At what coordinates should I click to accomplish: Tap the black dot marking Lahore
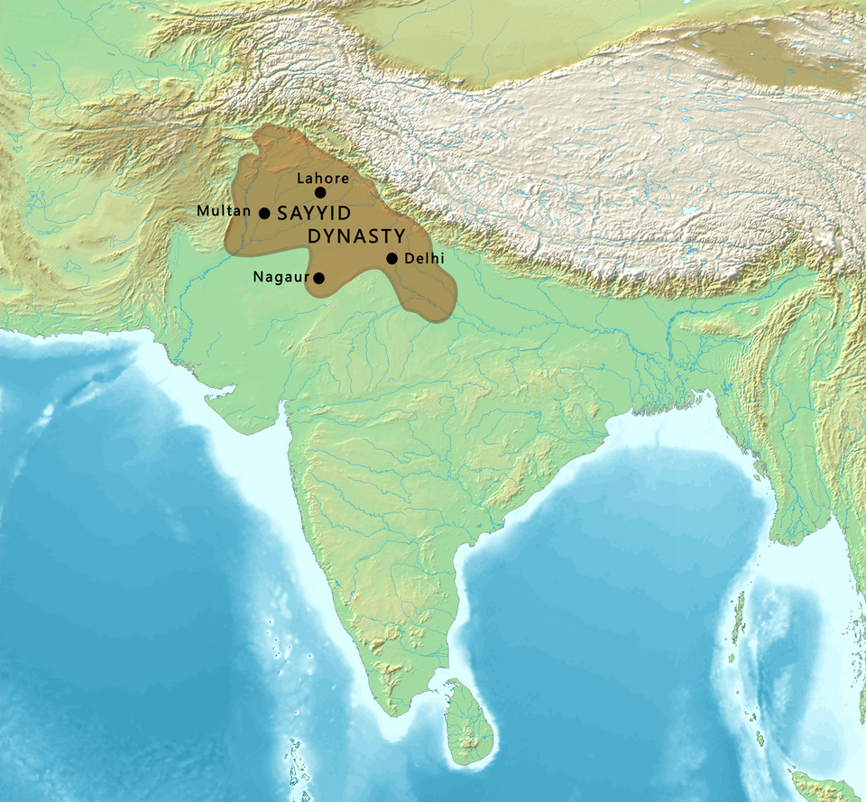pos(320,192)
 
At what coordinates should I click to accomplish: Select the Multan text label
pos(225,210)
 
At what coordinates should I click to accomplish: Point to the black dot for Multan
pos(264,214)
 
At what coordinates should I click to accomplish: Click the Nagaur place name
pos(281,277)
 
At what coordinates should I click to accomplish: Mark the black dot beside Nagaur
pos(318,279)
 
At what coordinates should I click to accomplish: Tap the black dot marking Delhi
pos(392,259)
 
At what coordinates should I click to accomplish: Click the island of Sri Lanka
pos(467,721)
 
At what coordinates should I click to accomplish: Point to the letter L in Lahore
pos(301,178)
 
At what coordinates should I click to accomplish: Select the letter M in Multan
pos(203,210)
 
